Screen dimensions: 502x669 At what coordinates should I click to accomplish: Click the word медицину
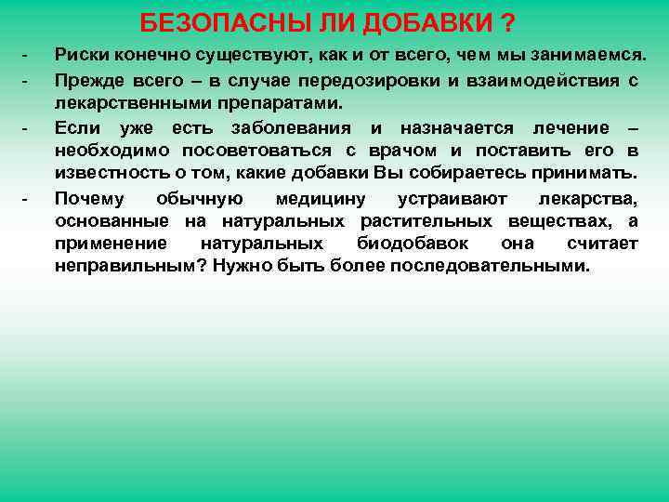click(x=321, y=198)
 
